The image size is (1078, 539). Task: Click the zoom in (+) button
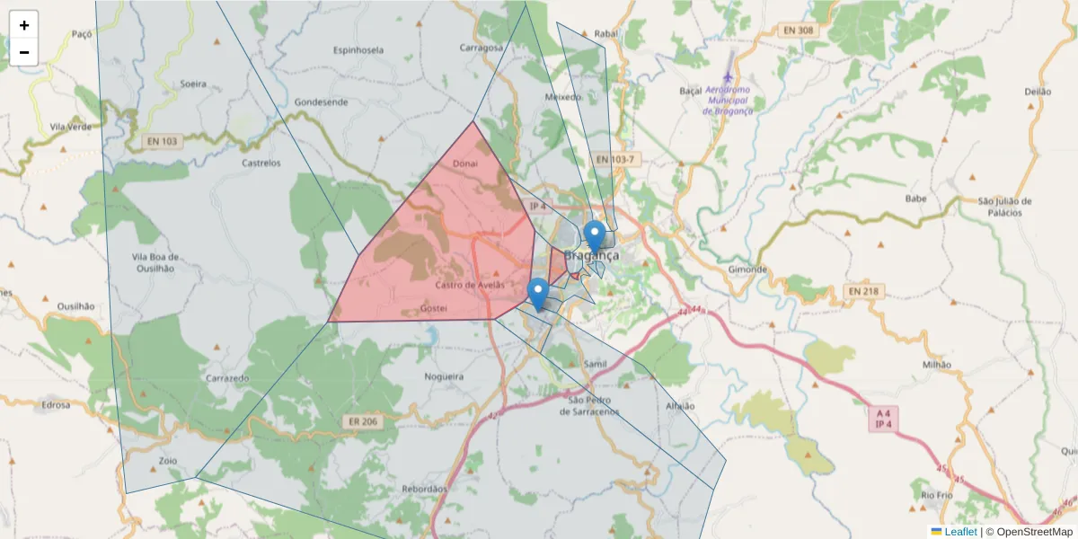(24, 25)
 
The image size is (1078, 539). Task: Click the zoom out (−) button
(24, 52)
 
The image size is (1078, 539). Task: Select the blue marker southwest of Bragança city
(537, 294)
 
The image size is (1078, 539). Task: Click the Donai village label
(465, 163)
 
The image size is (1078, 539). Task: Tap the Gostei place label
(434, 308)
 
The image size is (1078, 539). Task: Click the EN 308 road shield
(798, 30)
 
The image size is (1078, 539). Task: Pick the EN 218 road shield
(865, 292)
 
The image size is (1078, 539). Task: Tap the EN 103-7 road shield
(615, 159)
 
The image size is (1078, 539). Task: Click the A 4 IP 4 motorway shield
(883, 419)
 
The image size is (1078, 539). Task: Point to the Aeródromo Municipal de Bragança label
(728, 100)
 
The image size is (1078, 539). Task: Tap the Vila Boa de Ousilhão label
(153, 261)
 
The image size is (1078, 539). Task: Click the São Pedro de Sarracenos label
(589, 405)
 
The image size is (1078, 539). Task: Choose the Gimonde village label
(747, 269)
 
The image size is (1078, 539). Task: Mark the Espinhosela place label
(358, 49)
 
